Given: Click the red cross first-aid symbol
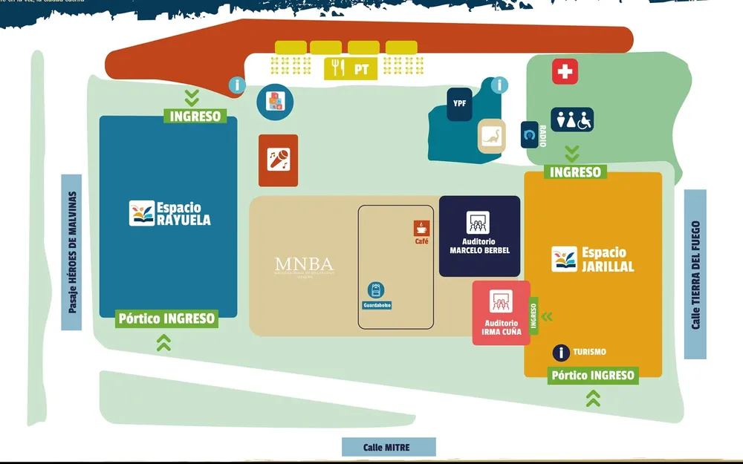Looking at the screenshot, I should (565, 72).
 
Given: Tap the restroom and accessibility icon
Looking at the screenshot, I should (572, 120).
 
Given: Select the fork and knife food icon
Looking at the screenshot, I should (339, 69).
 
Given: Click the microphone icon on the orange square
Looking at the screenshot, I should (279, 160).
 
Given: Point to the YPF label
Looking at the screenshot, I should (460, 103).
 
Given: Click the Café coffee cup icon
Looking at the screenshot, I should (421, 228).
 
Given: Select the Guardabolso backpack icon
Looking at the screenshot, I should (376, 290).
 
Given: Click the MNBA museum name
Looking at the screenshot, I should (304, 264).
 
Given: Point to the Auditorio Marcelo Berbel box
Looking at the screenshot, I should (479, 236).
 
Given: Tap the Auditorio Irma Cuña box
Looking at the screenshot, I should (502, 313).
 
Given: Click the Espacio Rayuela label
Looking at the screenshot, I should (170, 214).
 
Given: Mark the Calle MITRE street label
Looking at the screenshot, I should (388, 447).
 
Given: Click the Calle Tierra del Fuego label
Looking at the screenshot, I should (695, 274).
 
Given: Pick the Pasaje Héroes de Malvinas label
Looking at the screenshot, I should (72, 252).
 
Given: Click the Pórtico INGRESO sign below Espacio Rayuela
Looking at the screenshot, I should (167, 319).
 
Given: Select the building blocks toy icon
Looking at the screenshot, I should (275, 101).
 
